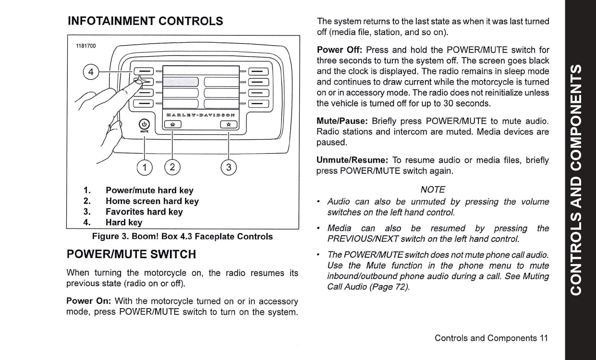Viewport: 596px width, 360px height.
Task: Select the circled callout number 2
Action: coord(172,167)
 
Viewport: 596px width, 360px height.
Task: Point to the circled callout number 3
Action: coord(229,167)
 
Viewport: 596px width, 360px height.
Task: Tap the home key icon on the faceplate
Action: coord(173,125)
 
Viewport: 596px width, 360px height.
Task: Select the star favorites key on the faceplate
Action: coord(229,125)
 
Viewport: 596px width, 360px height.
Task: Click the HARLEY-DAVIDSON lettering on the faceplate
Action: coord(201,115)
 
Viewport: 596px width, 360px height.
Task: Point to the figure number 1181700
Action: coord(86,46)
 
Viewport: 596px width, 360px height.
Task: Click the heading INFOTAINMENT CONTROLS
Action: coord(146,21)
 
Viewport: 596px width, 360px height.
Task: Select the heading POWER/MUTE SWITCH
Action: coord(132,254)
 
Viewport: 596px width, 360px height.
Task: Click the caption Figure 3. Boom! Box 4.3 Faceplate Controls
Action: coord(182,237)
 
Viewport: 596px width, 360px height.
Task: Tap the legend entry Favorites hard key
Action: coord(144,212)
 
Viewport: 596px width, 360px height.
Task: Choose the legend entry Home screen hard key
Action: coord(152,201)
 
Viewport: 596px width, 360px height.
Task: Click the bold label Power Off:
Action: coord(340,50)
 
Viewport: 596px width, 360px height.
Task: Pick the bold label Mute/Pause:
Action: coord(342,121)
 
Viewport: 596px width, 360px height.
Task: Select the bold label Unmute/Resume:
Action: coord(352,160)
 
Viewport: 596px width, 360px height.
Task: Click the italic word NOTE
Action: coord(432,190)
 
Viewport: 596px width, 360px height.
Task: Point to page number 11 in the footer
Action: coord(544,338)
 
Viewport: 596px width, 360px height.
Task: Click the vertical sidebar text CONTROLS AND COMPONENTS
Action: coord(580,180)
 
